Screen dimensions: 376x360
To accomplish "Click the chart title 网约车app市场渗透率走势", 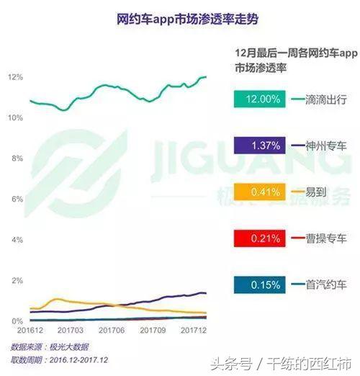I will point(179,19).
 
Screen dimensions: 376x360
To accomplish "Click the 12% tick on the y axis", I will point(16,77).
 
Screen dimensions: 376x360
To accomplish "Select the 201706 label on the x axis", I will point(112,330).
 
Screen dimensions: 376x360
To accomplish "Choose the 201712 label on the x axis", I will point(193,330).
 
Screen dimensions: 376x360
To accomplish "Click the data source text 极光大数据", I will point(68,346).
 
